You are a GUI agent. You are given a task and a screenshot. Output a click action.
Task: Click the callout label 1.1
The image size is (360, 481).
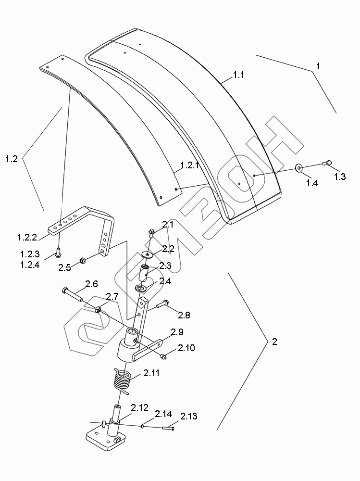pyautogui.click(x=238, y=75)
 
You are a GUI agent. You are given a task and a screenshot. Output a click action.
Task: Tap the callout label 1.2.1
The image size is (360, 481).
pyautogui.click(x=189, y=165)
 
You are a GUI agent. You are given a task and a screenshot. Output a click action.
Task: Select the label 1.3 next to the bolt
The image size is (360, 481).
pyautogui.click(x=340, y=177)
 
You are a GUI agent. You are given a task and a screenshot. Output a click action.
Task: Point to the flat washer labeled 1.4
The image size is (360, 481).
pyautogui.click(x=299, y=168)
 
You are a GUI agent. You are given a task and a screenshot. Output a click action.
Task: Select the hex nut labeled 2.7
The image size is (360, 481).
pyautogui.click(x=99, y=309)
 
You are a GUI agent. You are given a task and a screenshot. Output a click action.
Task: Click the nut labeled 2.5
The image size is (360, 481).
pyautogui.click(x=82, y=261)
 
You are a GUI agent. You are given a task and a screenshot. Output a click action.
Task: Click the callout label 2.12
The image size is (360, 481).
pyautogui.click(x=139, y=408)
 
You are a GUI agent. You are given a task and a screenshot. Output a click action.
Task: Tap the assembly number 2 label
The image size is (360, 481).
pyautogui.click(x=275, y=342)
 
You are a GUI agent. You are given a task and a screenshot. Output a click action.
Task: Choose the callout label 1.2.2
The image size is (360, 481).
pyautogui.click(x=27, y=237)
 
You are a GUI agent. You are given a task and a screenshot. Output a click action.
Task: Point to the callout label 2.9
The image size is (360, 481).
pyautogui.click(x=177, y=332)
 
